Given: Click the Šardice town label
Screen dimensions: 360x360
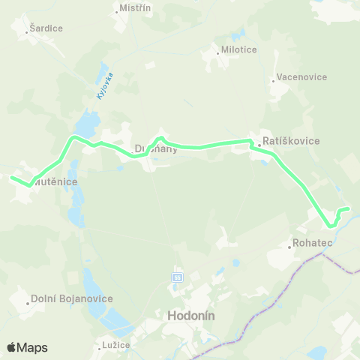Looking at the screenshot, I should click(x=46, y=28).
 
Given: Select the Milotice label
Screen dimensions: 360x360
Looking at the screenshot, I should click(x=239, y=49).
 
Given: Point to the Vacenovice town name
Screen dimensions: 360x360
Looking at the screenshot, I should click(x=301, y=76).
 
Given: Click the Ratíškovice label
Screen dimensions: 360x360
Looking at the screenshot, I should click(x=291, y=140).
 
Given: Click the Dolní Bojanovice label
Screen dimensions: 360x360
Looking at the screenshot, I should click(x=73, y=298).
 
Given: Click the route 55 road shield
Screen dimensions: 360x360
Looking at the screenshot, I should click(x=176, y=277).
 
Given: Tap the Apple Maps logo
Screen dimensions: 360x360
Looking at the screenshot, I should click(x=26, y=347).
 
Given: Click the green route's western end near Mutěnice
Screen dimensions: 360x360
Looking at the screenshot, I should click(x=12, y=177).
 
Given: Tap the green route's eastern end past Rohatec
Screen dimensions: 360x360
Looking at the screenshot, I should click(x=348, y=208).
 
